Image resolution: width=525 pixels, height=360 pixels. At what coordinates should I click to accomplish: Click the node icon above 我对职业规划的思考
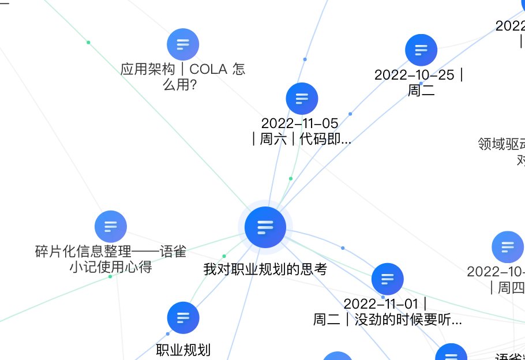tap(265, 227)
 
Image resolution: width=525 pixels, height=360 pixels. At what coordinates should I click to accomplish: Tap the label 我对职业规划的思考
tap(265, 269)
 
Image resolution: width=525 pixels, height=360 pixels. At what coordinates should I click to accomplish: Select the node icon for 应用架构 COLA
tap(183, 44)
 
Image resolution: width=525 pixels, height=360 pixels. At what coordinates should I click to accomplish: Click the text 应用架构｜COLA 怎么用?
tap(182, 77)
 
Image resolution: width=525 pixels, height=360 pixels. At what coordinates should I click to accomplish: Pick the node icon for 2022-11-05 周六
tap(302, 98)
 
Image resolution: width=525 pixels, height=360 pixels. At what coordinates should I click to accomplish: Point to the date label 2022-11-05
tap(300, 123)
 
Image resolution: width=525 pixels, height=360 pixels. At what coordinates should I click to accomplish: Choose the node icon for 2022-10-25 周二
tap(421, 50)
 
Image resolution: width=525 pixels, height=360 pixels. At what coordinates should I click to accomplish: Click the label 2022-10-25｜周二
tap(420, 82)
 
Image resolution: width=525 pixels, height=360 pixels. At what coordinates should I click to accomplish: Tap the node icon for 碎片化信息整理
tap(110, 227)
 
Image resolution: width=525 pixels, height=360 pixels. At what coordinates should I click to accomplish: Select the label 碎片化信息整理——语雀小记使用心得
tap(111, 259)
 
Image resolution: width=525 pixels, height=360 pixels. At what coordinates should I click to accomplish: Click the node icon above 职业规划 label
tap(183, 318)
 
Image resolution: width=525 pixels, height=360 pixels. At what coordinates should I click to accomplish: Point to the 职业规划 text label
tap(183, 350)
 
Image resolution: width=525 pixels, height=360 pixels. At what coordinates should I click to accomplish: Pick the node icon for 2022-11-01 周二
tap(388, 279)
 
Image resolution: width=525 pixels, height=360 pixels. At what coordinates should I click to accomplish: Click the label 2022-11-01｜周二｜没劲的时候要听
tap(388, 312)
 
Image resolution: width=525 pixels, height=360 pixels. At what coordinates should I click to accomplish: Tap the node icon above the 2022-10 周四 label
tap(507, 247)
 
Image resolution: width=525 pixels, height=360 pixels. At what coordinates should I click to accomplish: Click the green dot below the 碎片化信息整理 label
tap(110, 276)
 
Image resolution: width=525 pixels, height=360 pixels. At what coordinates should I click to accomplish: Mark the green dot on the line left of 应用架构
tap(88, 42)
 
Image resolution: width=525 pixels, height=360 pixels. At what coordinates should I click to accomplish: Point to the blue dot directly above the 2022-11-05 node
tap(305, 59)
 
